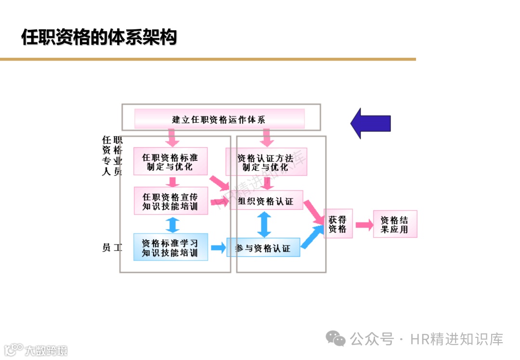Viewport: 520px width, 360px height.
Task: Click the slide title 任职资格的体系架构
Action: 99,37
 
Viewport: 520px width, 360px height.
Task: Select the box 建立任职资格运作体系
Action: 219,119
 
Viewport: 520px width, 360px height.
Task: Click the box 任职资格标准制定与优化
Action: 170,161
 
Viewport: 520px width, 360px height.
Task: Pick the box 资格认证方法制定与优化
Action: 266,162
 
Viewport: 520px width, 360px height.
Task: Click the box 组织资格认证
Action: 266,200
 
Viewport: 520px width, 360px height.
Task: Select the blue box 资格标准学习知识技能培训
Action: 170,247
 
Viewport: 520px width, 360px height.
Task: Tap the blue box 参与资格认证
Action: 263,247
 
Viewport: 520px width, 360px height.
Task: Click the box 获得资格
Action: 338,224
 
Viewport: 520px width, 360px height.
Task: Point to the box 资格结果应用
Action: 395,224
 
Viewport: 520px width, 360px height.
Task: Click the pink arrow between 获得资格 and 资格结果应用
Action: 364,224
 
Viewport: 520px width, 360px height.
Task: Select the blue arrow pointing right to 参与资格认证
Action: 218,248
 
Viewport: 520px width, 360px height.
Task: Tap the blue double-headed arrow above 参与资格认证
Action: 263,224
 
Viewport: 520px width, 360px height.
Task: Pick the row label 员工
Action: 112,247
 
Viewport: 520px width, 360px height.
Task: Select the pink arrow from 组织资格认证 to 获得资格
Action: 313,212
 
